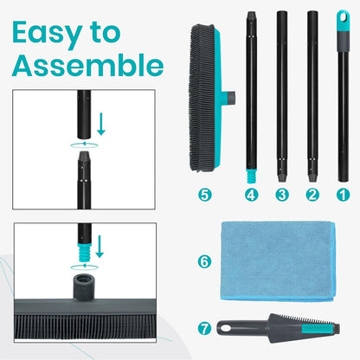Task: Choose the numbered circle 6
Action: tap(205, 260)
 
